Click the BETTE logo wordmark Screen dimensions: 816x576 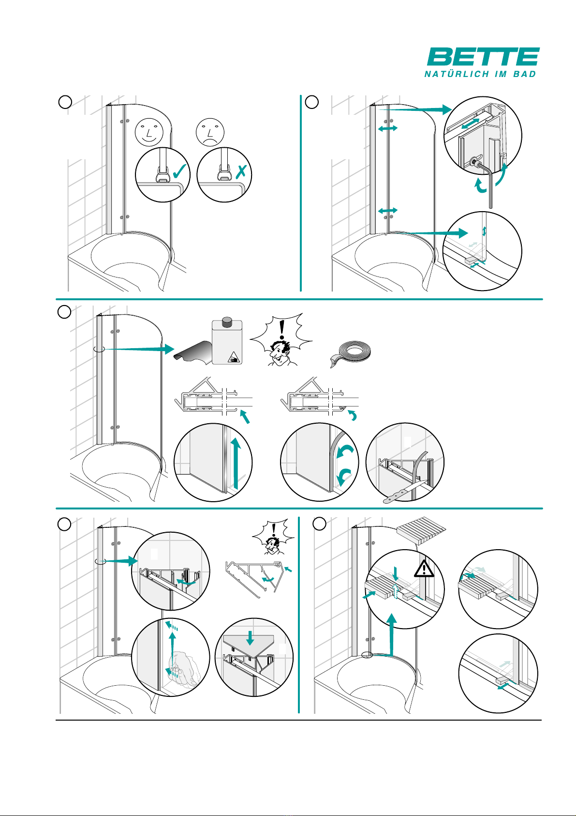point(483,57)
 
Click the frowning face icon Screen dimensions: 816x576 point(209,131)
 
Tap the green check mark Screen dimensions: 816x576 point(179,170)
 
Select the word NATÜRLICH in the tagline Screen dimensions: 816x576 point(452,75)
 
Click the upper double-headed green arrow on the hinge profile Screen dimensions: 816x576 point(387,128)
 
